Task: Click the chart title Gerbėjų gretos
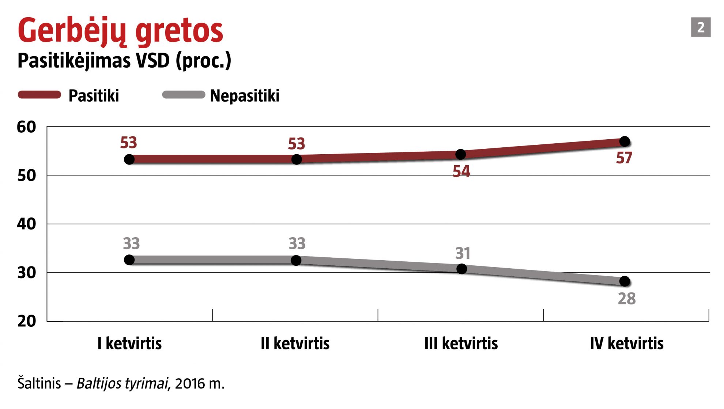[120, 31]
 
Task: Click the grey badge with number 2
[700, 27]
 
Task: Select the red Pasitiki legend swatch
[39, 95]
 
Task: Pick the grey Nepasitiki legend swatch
[184, 95]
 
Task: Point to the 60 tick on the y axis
[26, 127]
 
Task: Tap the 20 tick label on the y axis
[26, 321]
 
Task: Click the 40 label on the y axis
[26, 224]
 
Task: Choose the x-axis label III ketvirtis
[461, 344]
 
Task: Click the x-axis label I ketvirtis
[129, 344]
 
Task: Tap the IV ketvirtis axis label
[626, 344]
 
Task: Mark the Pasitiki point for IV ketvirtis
[625, 141]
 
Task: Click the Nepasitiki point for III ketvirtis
[462, 269]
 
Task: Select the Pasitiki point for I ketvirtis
[129, 159]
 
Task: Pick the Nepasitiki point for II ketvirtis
[296, 260]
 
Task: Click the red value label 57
[624, 158]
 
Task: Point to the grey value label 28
[626, 299]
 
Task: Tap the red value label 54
[461, 171]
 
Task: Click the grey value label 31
[463, 253]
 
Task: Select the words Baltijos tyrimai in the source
[122, 384]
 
